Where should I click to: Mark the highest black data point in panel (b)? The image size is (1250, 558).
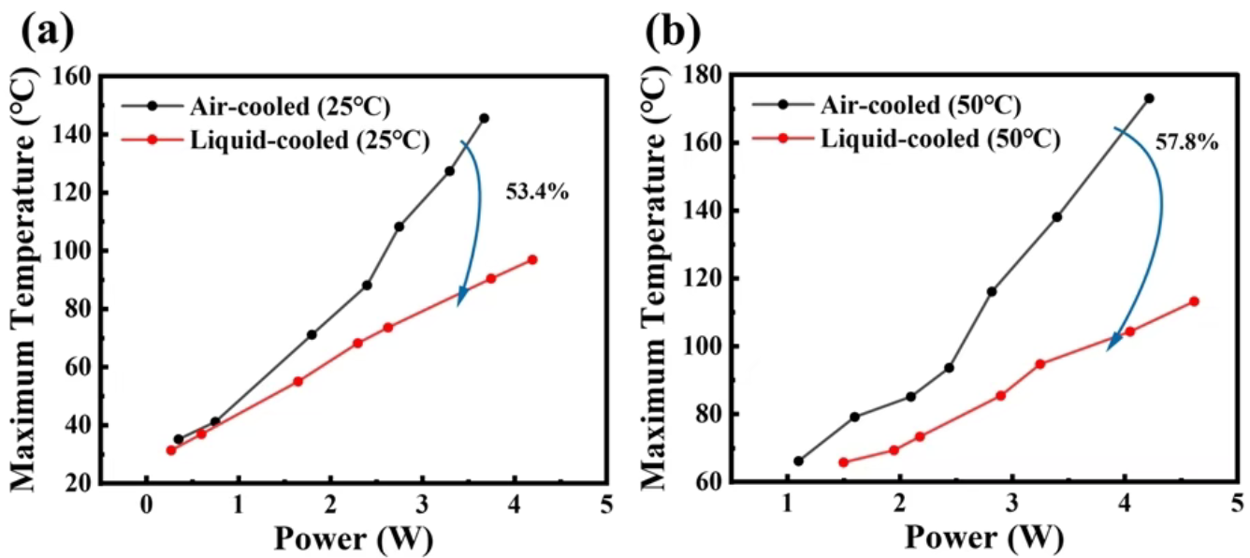click(x=1149, y=98)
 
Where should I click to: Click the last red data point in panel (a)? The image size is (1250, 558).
click(x=532, y=259)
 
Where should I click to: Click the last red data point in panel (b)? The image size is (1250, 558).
click(x=1194, y=301)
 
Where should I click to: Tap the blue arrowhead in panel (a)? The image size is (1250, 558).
click(x=461, y=297)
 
